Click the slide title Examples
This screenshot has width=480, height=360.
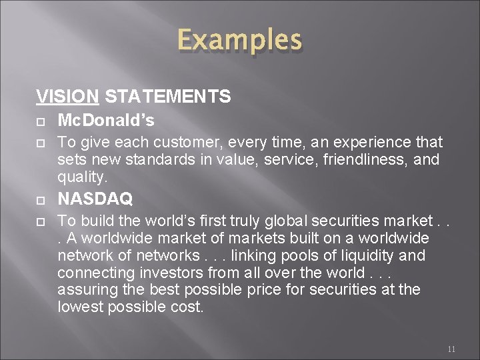click(x=239, y=41)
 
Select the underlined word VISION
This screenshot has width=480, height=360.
click(x=67, y=97)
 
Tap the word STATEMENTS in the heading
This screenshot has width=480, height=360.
click(x=168, y=97)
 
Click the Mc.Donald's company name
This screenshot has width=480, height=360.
click(x=106, y=121)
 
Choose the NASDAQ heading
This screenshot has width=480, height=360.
click(x=95, y=199)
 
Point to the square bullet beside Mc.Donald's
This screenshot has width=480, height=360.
click(x=41, y=121)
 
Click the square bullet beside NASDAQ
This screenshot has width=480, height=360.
click(x=41, y=199)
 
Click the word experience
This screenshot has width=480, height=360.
click(x=373, y=143)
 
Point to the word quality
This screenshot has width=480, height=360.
click(x=81, y=177)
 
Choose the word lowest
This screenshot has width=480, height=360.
click(x=79, y=308)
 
